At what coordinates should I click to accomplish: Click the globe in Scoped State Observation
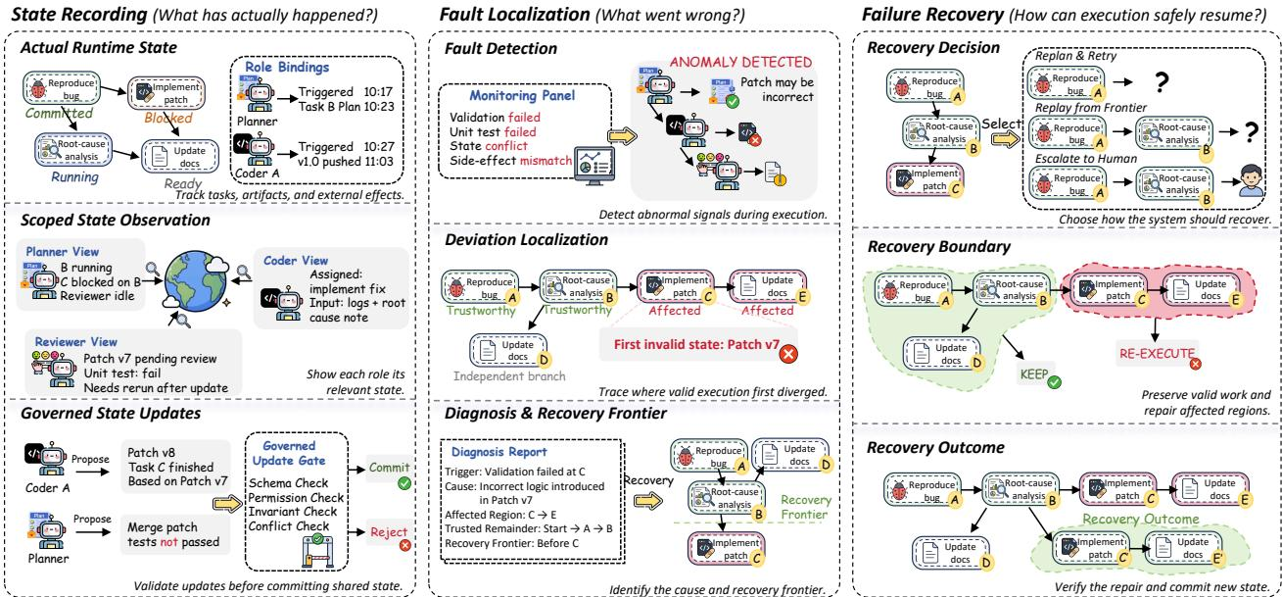(x=195, y=281)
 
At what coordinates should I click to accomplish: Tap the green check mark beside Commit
(x=404, y=483)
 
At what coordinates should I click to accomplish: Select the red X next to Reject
(x=405, y=545)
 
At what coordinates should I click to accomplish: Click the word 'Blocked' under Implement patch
(x=168, y=118)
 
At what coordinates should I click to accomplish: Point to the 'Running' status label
(x=75, y=177)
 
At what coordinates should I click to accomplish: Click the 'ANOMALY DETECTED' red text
(x=740, y=62)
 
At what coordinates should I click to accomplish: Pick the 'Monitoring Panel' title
(x=522, y=96)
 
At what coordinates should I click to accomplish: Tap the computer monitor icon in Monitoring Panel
(x=594, y=166)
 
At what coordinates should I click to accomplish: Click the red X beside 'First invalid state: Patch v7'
(x=788, y=354)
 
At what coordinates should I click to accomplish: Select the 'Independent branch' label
(x=509, y=376)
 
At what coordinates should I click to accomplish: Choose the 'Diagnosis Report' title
(x=499, y=452)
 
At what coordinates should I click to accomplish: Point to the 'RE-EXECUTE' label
(x=1157, y=354)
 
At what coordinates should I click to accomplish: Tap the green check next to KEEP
(x=1054, y=381)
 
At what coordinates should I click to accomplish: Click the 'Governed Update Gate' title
(x=289, y=453)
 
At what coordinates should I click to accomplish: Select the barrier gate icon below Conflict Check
(x=317, y=551)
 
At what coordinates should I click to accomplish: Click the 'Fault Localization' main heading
(x=514, y=15)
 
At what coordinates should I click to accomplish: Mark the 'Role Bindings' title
(x=287, y=67)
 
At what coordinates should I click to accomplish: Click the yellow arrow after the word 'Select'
(x=1006, y=138)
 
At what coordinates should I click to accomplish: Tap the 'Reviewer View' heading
(x=76, y=342)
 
